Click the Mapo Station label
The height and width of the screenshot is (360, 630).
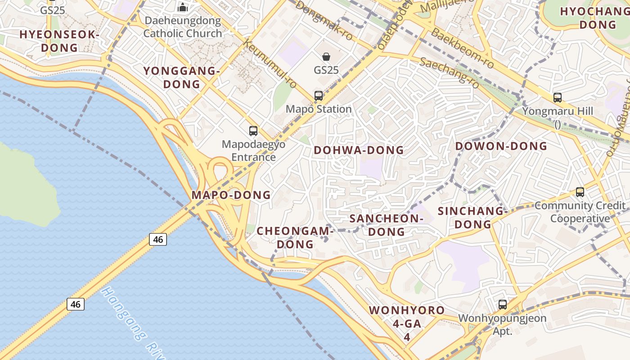point(319,109)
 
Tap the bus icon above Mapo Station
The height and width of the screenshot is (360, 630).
point(319,95)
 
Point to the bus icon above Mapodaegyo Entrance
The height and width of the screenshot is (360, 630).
point(253,131)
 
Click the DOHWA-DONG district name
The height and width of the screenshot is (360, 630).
point(359,150)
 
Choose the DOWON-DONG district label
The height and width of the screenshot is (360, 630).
point(501,146)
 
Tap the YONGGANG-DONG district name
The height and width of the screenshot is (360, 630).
point(181,77)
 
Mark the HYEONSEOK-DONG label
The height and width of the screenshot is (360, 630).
point(59,41)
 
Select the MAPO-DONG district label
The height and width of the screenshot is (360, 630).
point(231,195)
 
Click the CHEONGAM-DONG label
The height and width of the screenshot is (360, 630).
point(295,238)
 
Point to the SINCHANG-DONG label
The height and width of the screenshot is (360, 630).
point(473,217)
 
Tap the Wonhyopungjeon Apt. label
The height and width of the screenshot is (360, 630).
point(502,324)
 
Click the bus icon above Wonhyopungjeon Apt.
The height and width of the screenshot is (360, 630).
point(503,305)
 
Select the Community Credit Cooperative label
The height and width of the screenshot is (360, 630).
point(580,212)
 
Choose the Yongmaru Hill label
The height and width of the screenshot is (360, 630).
point(558,111)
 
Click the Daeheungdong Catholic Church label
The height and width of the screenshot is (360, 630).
point(183,27)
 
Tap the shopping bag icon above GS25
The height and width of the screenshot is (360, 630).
point(326,57)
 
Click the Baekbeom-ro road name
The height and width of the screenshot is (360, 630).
point(462,49)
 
